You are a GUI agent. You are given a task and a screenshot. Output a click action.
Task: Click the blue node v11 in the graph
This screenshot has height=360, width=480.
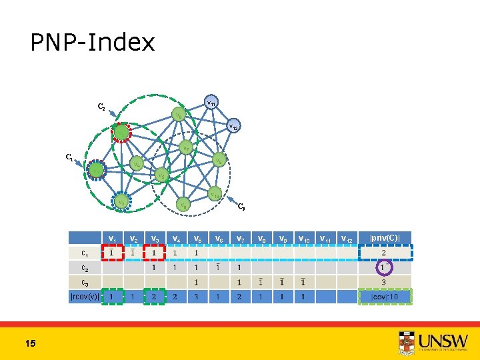(211, 103)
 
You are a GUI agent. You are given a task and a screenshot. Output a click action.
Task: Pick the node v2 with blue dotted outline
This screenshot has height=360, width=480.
(121, 201)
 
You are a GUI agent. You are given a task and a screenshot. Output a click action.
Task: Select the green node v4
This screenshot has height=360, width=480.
(135, 163)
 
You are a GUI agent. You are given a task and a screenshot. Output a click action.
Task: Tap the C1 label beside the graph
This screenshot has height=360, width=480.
(69, 158)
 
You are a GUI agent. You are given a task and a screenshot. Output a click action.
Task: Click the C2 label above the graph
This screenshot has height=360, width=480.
(101, 106)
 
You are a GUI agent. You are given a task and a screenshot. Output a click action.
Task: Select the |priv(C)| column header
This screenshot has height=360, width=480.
(384, 237)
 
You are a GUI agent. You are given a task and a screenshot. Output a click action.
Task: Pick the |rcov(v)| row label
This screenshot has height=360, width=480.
(85, 296)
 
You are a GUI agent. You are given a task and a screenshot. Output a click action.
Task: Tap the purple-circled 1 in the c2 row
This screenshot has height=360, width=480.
(384, 267)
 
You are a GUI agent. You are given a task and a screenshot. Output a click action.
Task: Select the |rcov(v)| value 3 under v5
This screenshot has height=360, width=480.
(197, 296)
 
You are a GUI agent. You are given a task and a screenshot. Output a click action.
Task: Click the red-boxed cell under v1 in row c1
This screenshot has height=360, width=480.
(113, 253)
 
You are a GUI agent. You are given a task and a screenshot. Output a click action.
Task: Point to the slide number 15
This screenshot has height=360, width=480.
(30, 343)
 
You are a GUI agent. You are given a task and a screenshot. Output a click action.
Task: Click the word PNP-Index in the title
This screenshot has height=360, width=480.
(93, 43)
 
